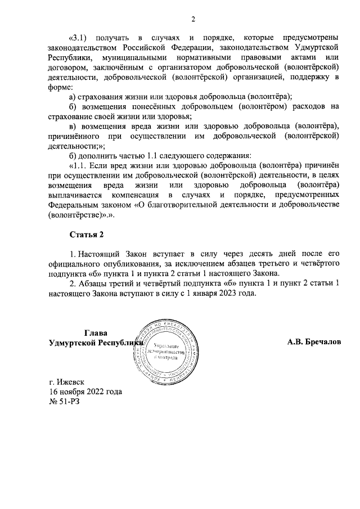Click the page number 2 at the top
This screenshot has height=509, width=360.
pyautogui.click(x=193, y=20)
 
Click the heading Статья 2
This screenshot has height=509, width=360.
pyautogui.click(x=87, y=233)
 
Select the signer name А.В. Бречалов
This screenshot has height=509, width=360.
pyautogui.click(x=313, y=341)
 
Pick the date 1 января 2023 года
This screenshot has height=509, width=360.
pyautogui.click(x=225, y=294)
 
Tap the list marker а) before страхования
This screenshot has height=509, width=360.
pyautogui.click(x=73, y=97)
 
